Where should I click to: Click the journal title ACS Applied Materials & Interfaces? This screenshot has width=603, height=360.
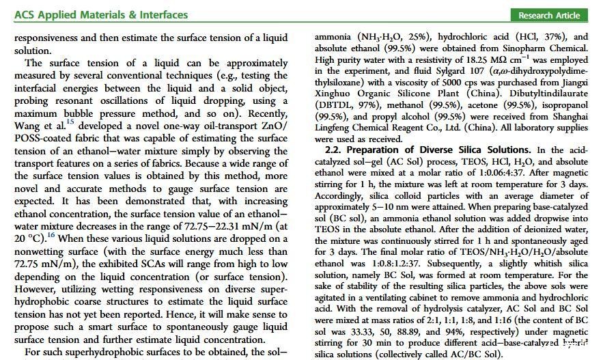100,14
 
